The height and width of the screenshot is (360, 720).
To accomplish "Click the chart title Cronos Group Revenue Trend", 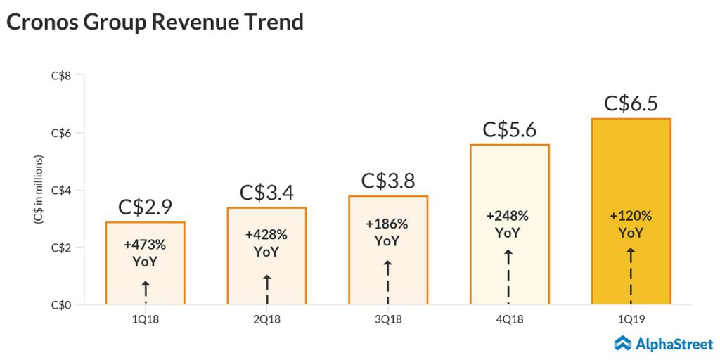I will tap(155, 22).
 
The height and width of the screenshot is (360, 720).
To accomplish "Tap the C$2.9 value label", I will tap(145, 207).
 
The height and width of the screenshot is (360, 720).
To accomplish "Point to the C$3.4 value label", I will tap(266, 192).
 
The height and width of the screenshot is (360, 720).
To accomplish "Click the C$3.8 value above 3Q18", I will tap(387, 180).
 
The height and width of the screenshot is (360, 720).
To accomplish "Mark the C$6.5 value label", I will tap(631, 103).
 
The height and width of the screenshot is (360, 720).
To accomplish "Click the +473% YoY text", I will tap(145, 253).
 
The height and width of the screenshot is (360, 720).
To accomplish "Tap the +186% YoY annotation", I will tap(387, 232).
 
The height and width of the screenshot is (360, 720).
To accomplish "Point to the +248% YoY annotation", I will tap(509, 224).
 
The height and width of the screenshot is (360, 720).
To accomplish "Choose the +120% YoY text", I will tap(631, 224).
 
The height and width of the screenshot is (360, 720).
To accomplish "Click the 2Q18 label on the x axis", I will tap(266, 319).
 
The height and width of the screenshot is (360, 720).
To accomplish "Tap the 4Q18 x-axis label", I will tap(509, 319).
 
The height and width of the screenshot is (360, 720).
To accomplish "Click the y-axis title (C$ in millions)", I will tap(39, 190).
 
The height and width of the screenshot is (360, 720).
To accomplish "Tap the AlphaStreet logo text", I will tap(674, 344).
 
